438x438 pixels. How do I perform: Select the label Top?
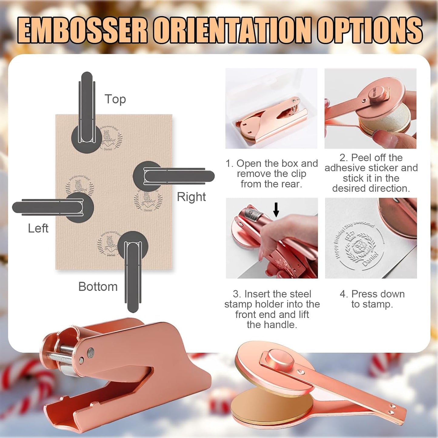(x=115, y=99)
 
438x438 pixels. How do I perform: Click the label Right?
(x=191, y=197)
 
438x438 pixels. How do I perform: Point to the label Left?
(x=38, y=228)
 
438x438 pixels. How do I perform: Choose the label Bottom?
(x=98, y=287)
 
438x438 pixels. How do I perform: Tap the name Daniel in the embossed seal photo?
(x=370, y=259)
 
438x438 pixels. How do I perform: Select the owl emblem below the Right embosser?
(x=148, y=200)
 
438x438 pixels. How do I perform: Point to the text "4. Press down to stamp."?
(x=372, y=299)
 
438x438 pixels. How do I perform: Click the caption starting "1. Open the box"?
(x=271, y=174)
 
